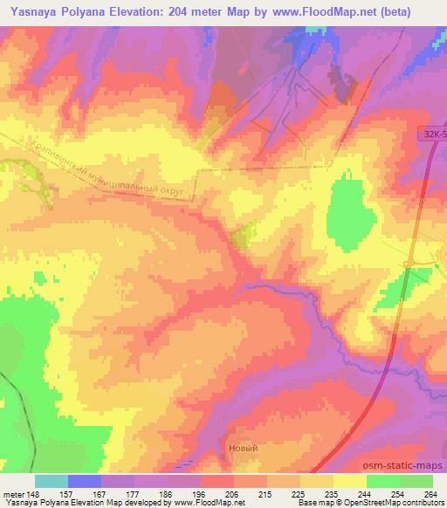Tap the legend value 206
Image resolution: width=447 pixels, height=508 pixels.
click(217, 494)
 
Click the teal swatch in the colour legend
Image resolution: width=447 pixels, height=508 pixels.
click(52, 481)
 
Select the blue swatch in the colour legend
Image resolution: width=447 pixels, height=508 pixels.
click(85, 481)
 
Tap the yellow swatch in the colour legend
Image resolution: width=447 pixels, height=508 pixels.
click(349, 481)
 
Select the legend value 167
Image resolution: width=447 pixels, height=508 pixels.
click(85, 494)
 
